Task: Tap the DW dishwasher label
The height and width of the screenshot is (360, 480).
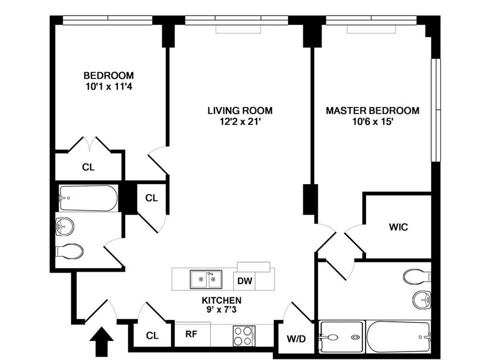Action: (244, 281)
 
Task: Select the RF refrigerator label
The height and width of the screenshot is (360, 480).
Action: (190, 335)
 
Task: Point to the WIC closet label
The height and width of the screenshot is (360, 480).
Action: (398, 227)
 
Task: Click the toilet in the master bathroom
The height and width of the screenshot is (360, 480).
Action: (416, 276)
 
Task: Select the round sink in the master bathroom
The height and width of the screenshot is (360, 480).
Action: (421, 300)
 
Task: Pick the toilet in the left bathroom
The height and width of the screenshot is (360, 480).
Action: (68, 251)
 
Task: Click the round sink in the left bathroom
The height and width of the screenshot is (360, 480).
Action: (64, 228)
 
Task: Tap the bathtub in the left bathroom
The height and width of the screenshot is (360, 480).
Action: (87, 198)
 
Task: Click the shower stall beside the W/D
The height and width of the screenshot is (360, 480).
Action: (340, 337)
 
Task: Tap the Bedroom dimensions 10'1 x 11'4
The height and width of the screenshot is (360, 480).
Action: (108, 86)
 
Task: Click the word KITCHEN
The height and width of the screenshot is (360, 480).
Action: (221, 300)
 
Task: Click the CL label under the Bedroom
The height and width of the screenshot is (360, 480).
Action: (88, 167)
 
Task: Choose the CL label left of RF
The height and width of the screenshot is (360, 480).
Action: (152, 335)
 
